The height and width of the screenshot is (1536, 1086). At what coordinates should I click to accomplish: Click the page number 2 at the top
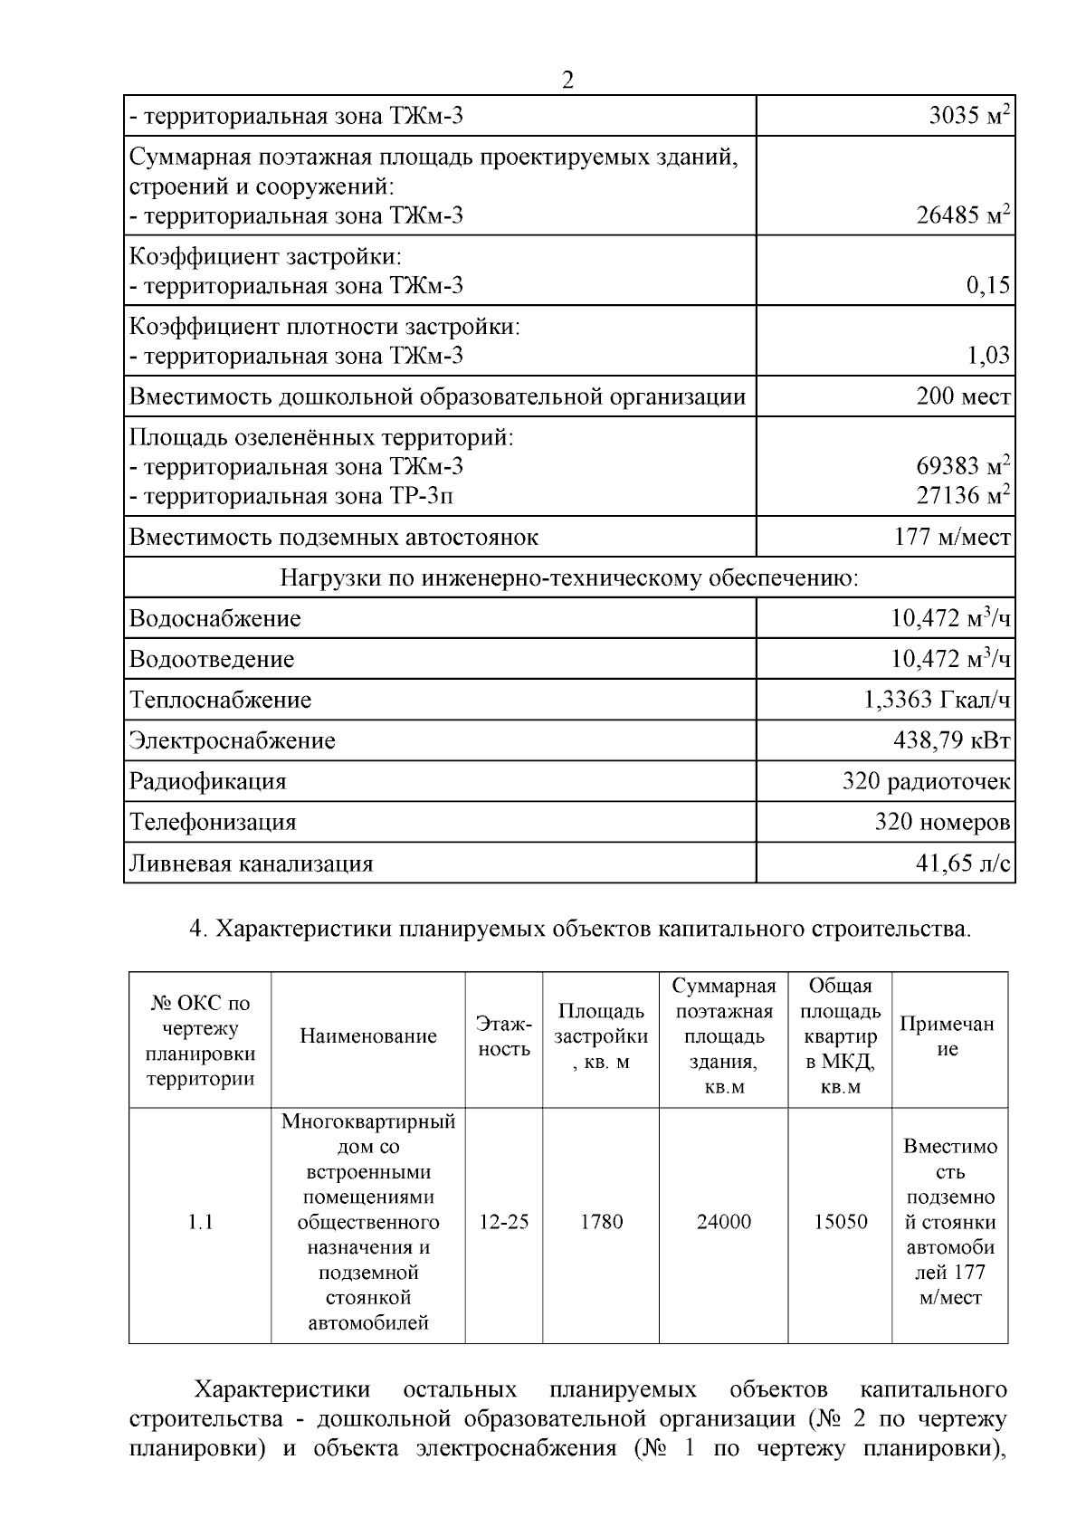tap(567, 81)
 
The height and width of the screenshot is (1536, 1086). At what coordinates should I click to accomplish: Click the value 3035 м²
tap(969, 116)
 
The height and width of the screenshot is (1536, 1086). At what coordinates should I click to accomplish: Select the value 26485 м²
tap(963, 215)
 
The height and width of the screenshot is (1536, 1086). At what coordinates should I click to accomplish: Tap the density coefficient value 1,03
tap(987, 356)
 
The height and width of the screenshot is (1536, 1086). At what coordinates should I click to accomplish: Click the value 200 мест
tap(963, 396)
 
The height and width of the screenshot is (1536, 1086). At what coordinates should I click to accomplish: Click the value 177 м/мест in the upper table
tap(952, 538)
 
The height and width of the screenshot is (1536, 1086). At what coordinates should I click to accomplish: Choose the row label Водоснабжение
tap(214, 619)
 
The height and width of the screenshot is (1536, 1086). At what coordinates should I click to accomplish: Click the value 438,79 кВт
tap(952, 740)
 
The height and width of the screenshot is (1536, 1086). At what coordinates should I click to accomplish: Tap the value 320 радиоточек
tap(926, 781)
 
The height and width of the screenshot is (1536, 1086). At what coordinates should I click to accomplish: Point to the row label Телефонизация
tap(213, 823)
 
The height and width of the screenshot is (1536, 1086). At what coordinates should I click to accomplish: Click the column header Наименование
tap(368, 1036)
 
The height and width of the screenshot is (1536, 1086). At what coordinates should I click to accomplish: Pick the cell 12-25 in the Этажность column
tap(504, 1222)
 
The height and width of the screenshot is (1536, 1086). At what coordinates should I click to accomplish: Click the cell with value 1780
tap(601, 1222)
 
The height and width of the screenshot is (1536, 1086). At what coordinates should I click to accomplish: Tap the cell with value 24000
tap(724, 1222)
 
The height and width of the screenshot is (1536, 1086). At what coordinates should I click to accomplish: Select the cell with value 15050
tap(840, 1222)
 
